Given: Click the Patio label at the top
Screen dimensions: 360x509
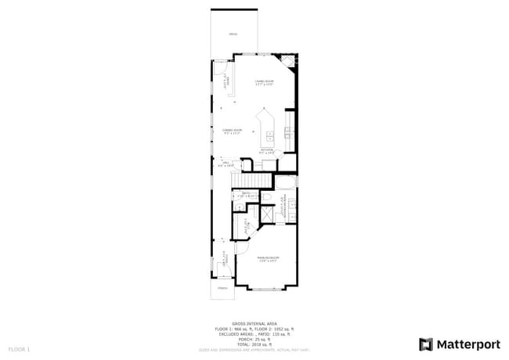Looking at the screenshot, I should point(233,35).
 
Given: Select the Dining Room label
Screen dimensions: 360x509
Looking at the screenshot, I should point(232,131).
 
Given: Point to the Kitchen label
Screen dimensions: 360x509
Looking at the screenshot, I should point(266,150).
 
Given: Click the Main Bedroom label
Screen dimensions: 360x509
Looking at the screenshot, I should point(269,258).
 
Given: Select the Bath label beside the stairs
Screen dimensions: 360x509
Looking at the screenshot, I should point(246,193).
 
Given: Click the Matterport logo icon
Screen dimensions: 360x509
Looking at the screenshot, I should point(426,344).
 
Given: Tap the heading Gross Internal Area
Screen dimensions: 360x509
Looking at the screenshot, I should point(254,322).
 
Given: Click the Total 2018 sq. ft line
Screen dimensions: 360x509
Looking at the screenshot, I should point(254,344).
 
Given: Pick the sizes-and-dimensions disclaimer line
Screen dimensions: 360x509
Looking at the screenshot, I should point(254,350).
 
